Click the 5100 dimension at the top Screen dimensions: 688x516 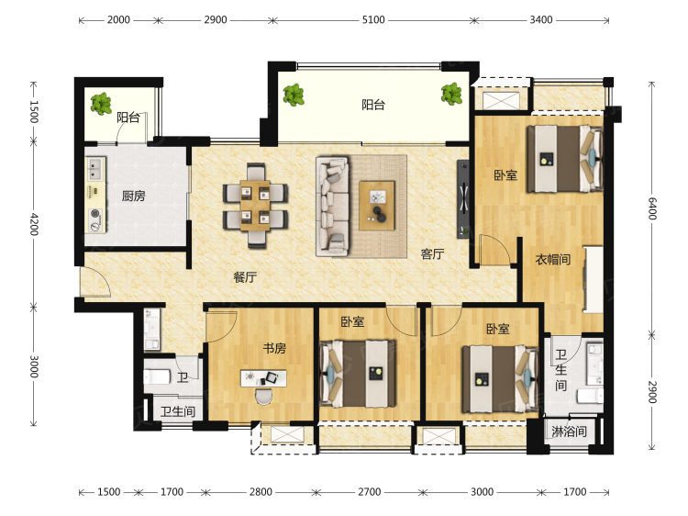373,20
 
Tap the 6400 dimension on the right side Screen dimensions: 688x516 652,208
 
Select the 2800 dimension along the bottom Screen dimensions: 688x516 261,492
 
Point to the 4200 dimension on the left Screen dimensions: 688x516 34,224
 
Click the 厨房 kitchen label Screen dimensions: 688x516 133,196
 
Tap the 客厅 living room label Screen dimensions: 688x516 432,253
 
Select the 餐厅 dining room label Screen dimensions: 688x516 245,277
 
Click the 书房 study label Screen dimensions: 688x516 274,348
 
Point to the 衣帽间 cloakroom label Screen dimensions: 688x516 553,259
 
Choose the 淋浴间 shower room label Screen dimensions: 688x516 569,432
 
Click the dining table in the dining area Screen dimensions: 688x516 255,206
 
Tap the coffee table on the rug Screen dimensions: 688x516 377,206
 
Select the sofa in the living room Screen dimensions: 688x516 333,206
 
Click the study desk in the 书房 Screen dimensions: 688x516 263,378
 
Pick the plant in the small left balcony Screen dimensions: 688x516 101,104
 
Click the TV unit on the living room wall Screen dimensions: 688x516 463,199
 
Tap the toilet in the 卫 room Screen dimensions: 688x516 157,376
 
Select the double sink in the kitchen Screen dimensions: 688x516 94,169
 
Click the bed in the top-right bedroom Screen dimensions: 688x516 565,159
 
